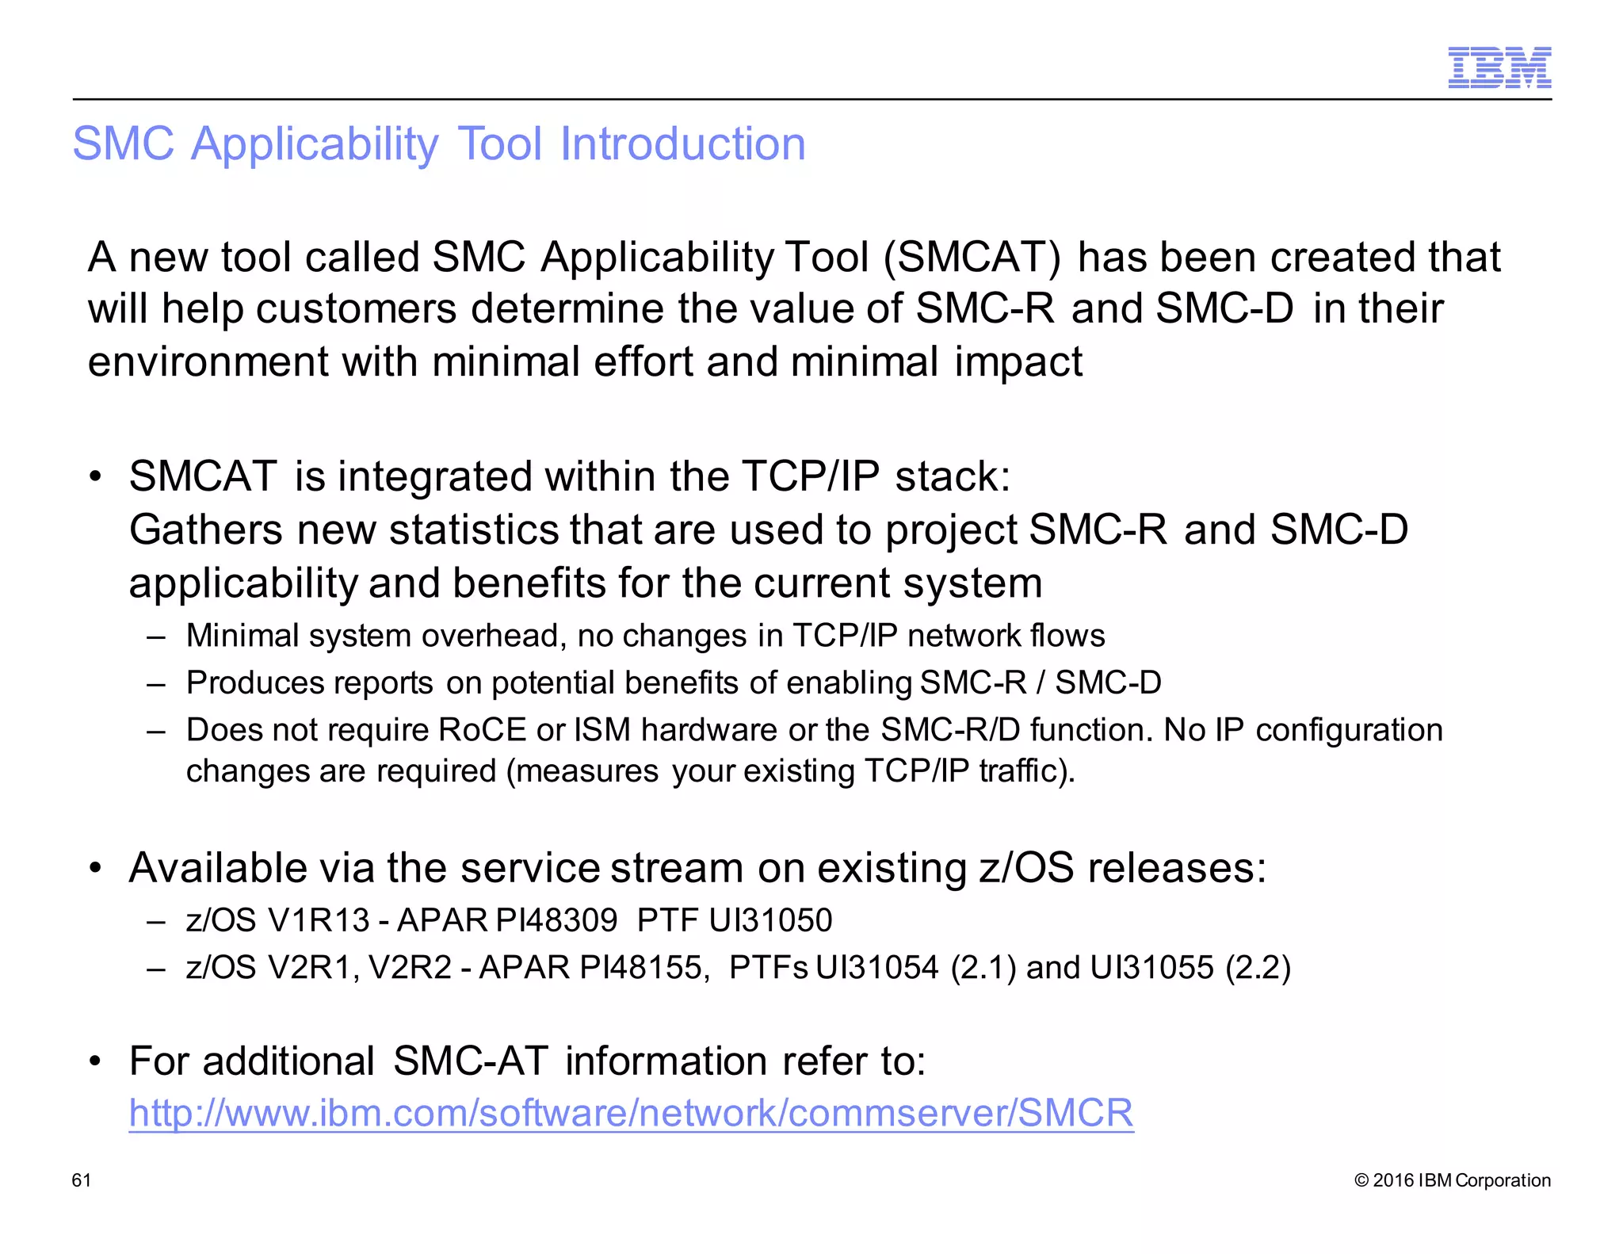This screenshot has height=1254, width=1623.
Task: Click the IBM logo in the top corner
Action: click(x=1499, y=67)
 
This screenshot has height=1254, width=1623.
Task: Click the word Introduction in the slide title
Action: click(x=682, y=144)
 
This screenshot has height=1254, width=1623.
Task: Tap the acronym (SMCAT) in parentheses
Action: click(x=971, y=258)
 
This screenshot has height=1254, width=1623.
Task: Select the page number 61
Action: click(x=82, y=1180)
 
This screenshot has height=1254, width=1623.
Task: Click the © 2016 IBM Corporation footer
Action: click(x=1453, y=1180)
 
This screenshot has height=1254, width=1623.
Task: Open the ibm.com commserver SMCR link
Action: click(x=631, y=1113)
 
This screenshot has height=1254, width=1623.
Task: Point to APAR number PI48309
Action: click(x=556, y=921)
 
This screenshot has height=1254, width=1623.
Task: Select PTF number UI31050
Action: click(x=770, y=921)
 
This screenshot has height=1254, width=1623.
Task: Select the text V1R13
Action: click(x=319, y=921)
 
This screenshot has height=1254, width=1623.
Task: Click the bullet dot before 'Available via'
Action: click(x=96, y=869)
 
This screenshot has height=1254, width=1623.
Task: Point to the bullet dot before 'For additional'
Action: click(x=96, y=1061)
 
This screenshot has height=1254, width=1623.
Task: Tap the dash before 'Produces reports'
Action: click(x=156, y=683)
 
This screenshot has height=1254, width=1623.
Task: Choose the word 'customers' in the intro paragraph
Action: click(x=356, y=309)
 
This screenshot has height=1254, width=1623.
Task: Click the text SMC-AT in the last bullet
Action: click(x=470, y=1061)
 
